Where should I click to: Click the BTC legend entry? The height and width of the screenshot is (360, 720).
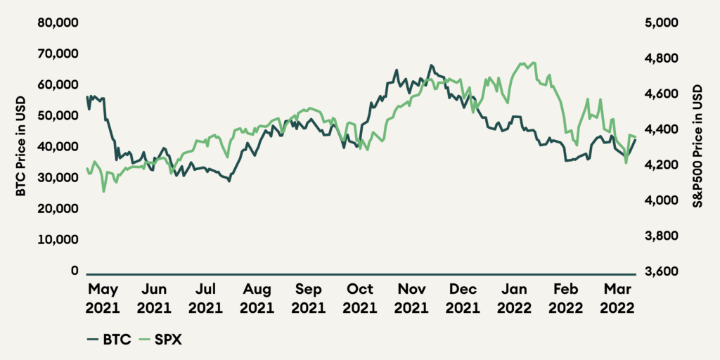pyautogui.click(x=109, y=339)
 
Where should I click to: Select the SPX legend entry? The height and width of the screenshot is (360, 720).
pyautogui.click(x=161, y=339)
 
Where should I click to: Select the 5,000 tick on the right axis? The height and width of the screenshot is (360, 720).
pyautogui.click(x=660, y=22)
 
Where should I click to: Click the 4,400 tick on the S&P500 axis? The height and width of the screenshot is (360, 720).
pyautogui.click(x=660, y=129)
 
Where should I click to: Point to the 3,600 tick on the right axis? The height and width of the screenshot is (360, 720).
pyautogui.click(x=660, y=271)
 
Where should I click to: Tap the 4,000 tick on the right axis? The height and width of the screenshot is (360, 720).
pyautogui.click(x=660, y=200)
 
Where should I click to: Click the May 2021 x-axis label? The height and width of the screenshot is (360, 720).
pyautogui.click(x=103, y=298)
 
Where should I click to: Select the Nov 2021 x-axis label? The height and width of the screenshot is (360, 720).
pyautogui.click(x=411, y=298)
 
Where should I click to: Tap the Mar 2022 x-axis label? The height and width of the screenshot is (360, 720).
pyautogui.click(x=617, y=298)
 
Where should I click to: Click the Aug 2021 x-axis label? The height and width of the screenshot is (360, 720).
pyautogui.click(x=257, y=298)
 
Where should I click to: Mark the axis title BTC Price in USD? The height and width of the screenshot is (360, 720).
pyautogui.click(x=22, y=146)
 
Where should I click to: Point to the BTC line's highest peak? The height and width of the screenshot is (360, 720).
pyautogui.click(x=431, y=65)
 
